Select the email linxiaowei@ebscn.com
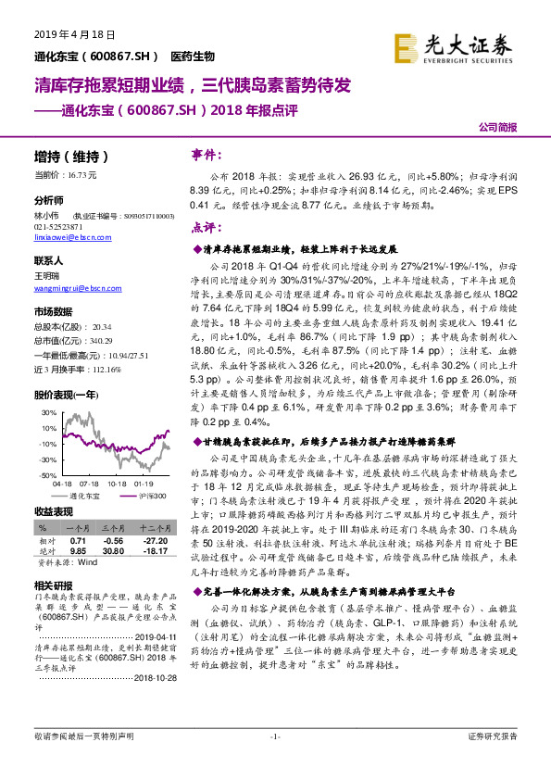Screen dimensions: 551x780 [73, 238]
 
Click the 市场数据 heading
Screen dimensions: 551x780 [53, 311]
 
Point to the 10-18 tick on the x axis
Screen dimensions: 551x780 [117, 483]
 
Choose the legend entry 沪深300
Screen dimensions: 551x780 [152, 496]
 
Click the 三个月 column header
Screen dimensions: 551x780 [113, 527]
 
